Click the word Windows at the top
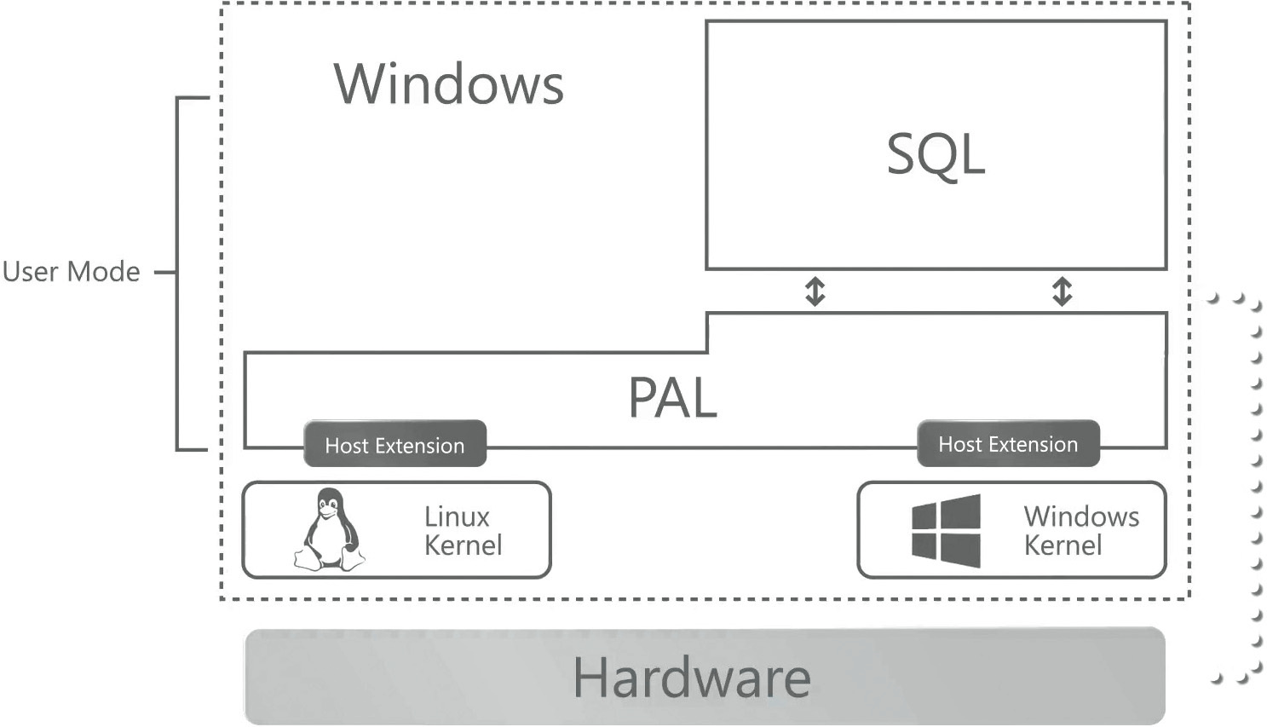tap(448, 84)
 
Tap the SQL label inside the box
tap(936, 154)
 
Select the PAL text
tap(672, 398)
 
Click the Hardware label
tap(691, 678)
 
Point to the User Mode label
tap(71, 272)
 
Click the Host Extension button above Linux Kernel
tap(394, 445)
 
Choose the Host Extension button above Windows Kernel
tap(1008, 444)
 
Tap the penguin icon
tap(329, 529)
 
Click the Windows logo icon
tap(946, 530)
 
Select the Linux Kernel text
tap(463, 531)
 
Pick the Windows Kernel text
tap(1080, 530)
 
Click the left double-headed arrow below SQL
tap(815, 291)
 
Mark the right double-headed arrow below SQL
tap(1062, 291)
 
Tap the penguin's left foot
tap(308, 560)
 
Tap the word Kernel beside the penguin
tap(463, 545)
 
